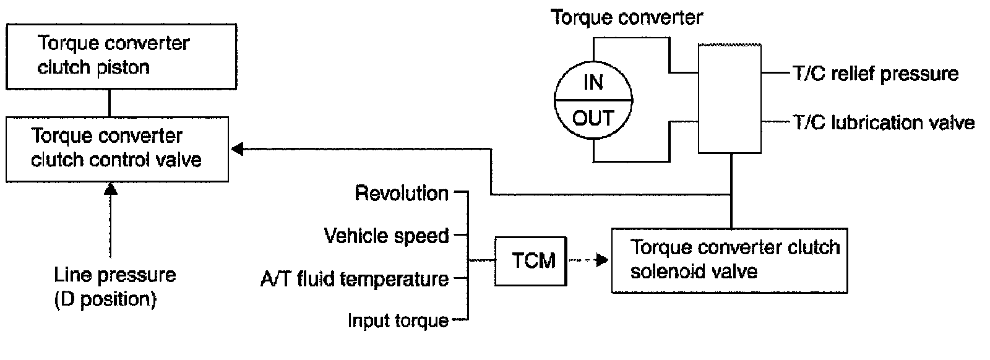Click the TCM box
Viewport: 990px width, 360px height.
531,260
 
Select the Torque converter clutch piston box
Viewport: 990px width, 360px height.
121,56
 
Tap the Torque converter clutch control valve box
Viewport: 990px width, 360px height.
117,148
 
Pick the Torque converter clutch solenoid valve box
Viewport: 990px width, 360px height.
729,260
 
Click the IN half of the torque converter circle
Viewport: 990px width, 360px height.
593,82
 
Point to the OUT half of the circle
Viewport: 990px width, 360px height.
593,118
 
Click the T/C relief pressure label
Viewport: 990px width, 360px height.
876,74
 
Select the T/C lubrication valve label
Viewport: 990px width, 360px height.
884,122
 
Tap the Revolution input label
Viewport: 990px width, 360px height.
402,193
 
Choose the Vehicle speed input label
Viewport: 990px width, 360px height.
387,236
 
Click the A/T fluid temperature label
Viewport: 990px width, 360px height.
355,279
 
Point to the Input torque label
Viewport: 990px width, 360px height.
398,320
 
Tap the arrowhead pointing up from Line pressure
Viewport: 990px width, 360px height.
111,189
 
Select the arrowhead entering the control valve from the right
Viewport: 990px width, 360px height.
237,148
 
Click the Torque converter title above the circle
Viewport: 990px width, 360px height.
627,17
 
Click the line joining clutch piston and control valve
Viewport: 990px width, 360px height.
110,103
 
